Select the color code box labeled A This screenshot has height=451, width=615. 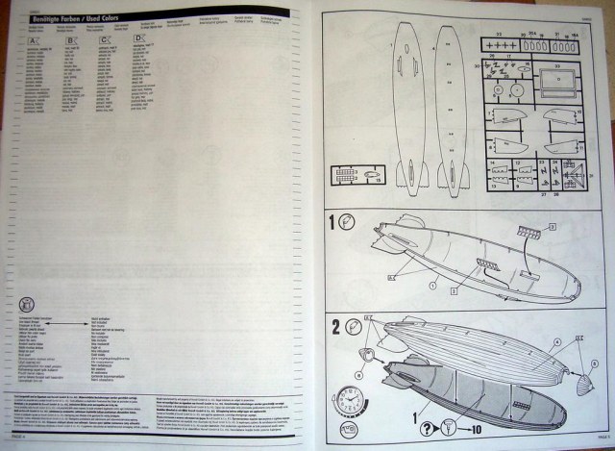click(x=35, y=39)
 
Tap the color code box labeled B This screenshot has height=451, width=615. click(x=71, y=39)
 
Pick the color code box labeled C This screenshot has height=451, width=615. click(x=103, y=39)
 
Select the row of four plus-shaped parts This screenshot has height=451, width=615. click(x=500, y=45)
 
